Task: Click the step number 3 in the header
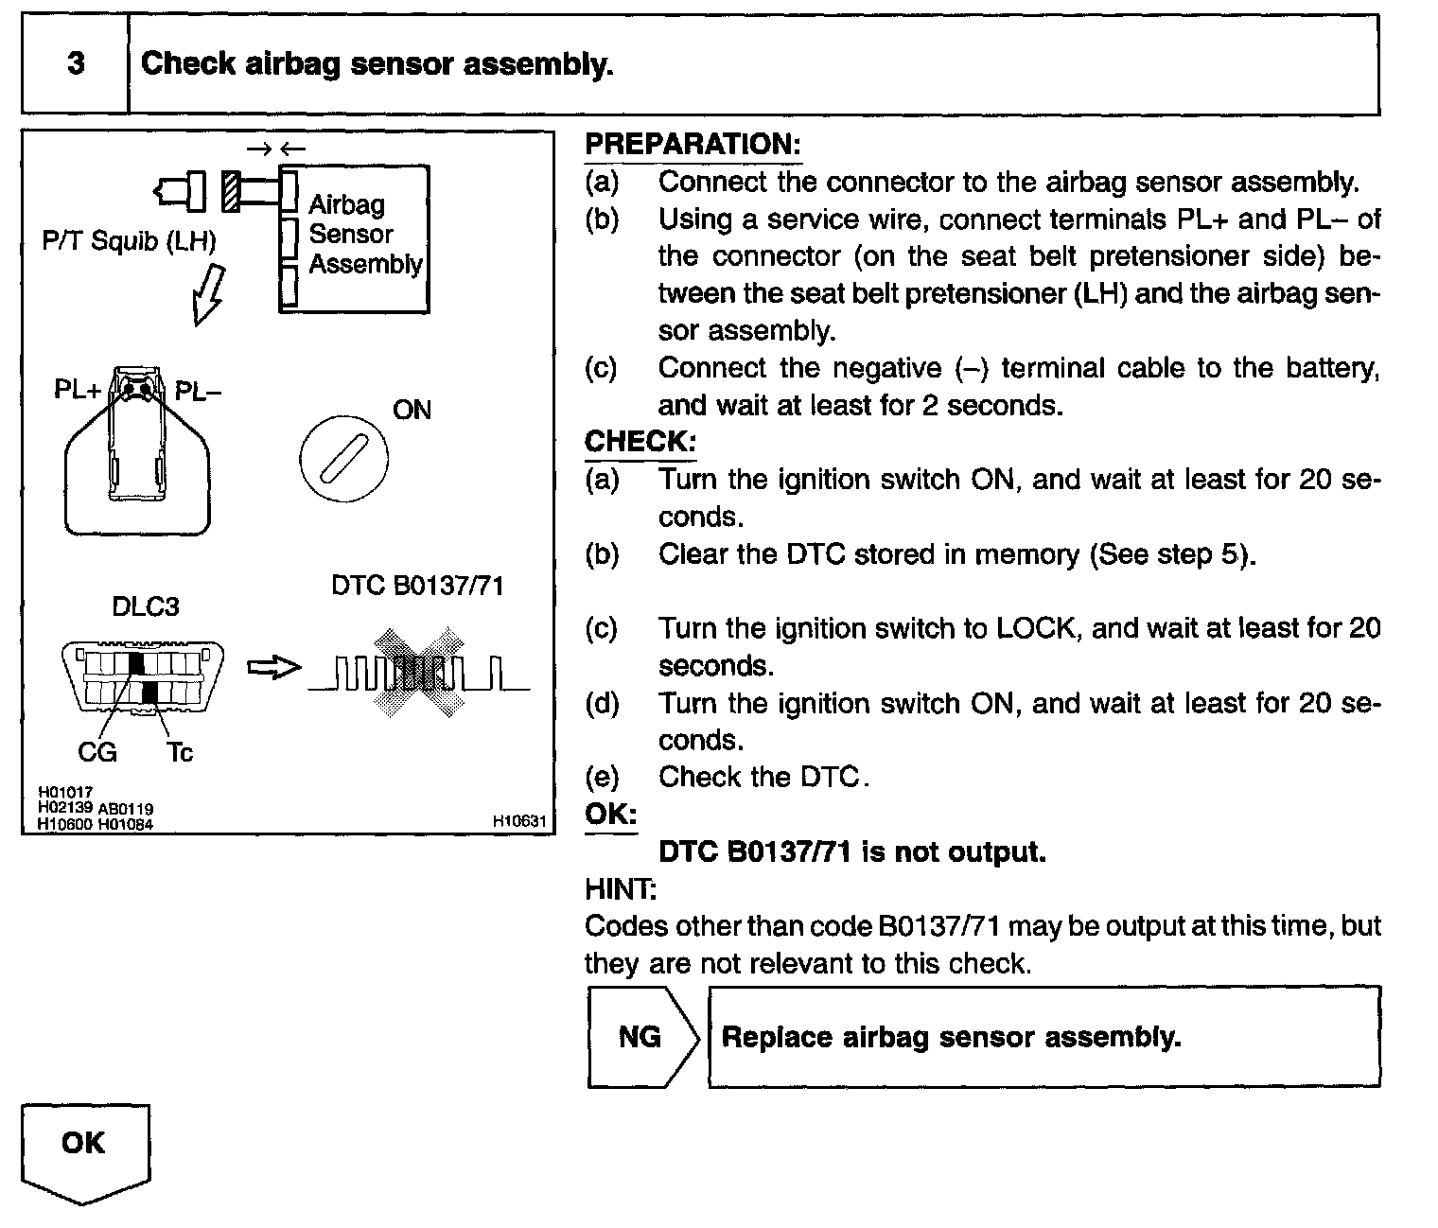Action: tap(76, 63)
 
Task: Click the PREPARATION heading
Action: tap(693, 145)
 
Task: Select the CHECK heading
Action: tap(640, 442)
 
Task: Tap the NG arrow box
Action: tap(642, 1037)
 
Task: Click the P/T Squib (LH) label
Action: tap(129, 241)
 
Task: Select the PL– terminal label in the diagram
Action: tap(198, 390)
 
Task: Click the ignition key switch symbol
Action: tap(343, 459)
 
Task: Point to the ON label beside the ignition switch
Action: tap(412, 410)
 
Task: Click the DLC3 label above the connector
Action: tap(146, 606)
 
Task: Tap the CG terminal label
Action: tap(96, 752)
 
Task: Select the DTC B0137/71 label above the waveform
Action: tap(417, 587)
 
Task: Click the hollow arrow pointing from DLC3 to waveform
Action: tap(273, 668)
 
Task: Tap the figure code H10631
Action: tap(519, 822)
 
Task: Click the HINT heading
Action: tap(621, 889)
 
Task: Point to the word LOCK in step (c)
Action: tap(1036, 628)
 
